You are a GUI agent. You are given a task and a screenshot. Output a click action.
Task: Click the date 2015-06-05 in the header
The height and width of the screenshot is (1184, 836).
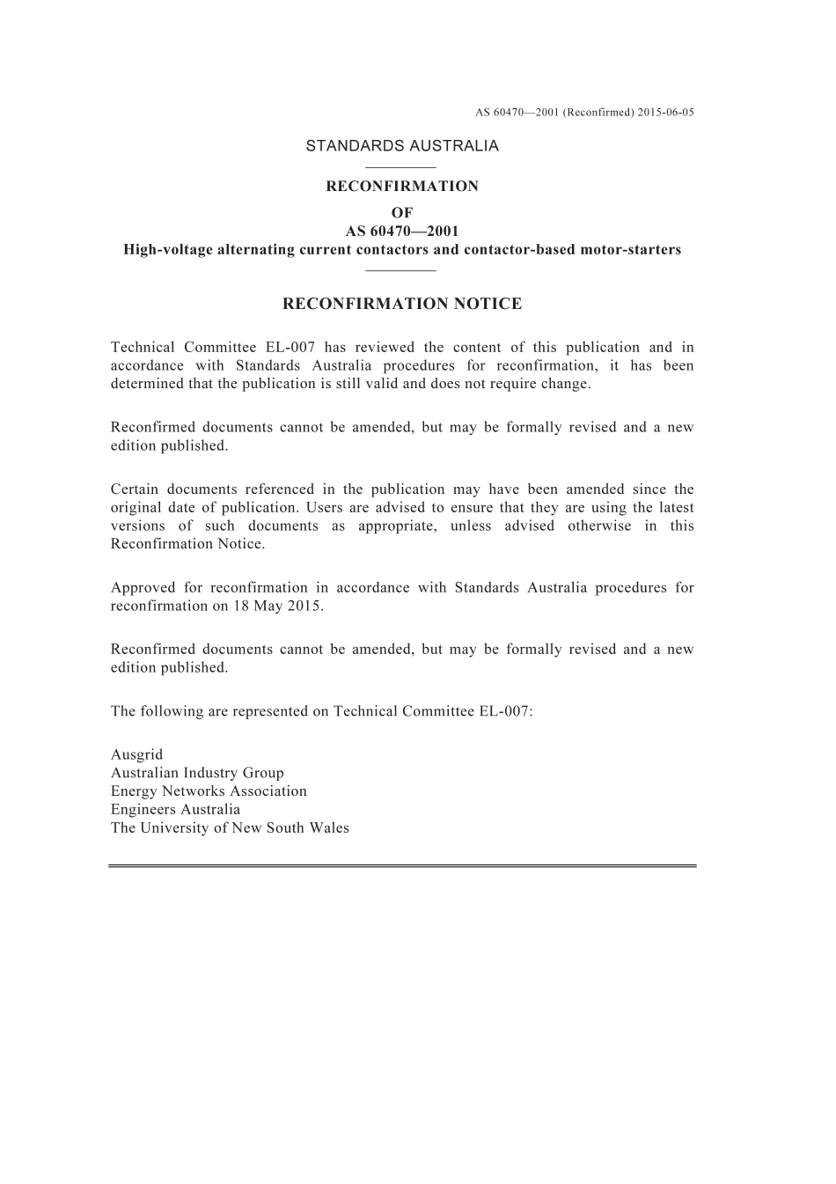tap(667, 113)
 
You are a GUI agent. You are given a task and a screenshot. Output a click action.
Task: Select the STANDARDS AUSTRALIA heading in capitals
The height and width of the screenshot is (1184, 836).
tap(402, 146)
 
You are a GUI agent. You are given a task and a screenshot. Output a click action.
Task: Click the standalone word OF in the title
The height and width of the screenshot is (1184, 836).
tap(401, 213)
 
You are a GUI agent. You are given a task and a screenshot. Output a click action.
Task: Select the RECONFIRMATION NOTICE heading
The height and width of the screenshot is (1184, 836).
tap(402, 304)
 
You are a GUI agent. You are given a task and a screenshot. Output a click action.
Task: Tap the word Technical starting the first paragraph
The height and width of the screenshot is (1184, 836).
tap(141, 348)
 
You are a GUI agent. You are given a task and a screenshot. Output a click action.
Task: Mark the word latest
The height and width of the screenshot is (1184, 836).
tap(674, 508)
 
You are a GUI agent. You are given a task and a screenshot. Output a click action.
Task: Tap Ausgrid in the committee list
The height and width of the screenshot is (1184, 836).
tap(136, 754)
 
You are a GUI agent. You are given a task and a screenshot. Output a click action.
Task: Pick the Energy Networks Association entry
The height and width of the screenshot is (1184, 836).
tap(209, 791)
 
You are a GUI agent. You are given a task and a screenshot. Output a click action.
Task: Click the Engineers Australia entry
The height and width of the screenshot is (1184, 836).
tap(175, 810)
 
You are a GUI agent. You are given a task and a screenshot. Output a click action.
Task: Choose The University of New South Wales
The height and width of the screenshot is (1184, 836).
tap(230, 828)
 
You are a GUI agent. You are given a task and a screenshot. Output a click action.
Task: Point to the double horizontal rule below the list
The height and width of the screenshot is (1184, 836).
tap(402, 866)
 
